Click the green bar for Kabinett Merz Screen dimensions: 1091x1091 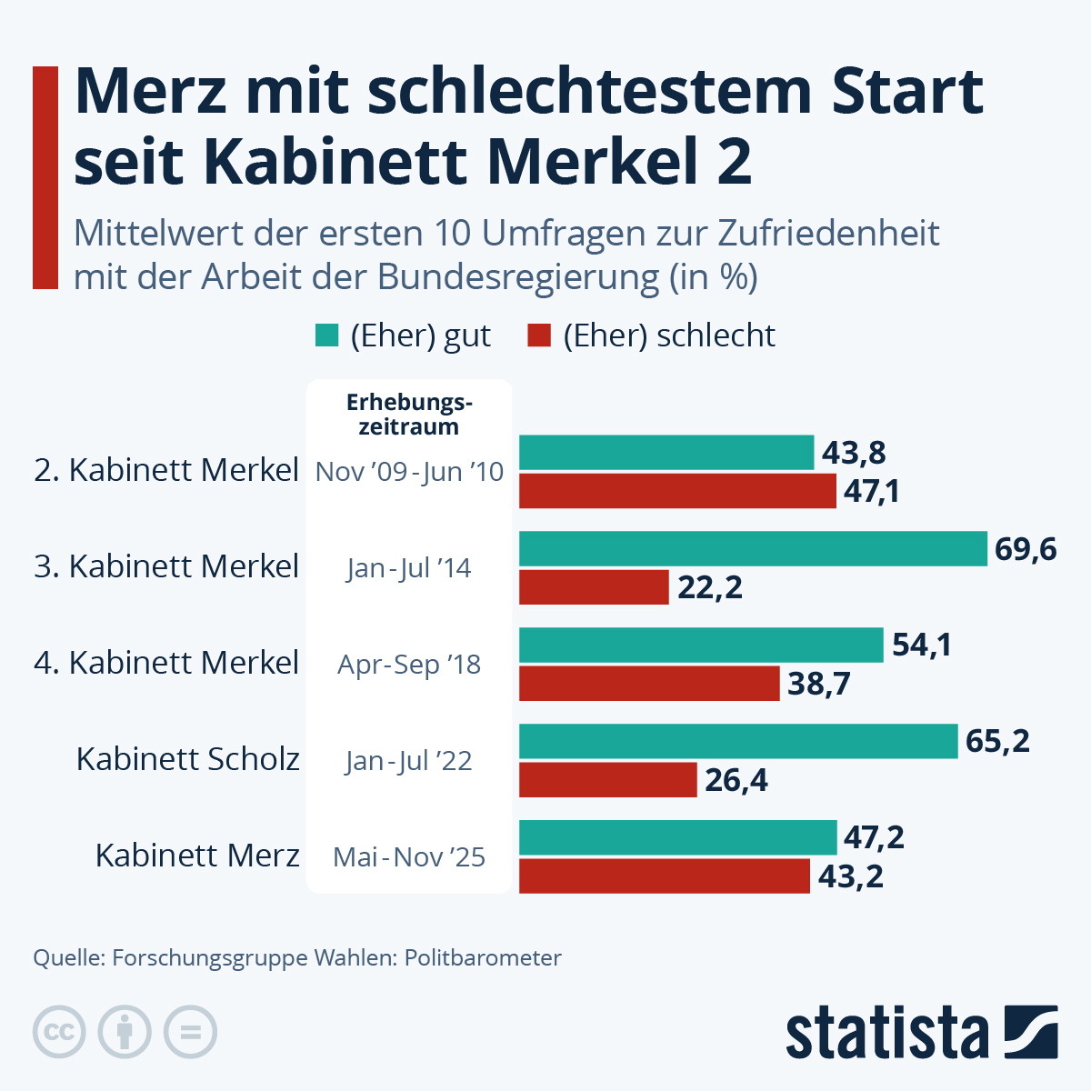point(677,837)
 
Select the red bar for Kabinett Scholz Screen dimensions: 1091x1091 point(607,780)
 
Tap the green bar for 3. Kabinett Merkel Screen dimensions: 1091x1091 point(753,549)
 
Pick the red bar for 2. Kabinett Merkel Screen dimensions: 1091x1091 point(677,491)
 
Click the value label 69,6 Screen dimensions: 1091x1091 point(1026,549)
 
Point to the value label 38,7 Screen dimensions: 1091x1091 point(818,684)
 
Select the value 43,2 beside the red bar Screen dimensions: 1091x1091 point(850,876)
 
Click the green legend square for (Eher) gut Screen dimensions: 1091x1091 point(326,335)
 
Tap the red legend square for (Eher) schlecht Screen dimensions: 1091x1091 point(539,335)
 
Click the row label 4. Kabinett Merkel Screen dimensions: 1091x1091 point(166,663)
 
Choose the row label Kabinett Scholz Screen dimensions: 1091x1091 point(188,759)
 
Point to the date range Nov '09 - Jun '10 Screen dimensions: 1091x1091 point(409,472)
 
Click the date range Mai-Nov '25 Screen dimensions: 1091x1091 point(409,857)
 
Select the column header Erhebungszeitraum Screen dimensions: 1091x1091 point(409,415)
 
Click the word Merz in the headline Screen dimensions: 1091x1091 point(150,91)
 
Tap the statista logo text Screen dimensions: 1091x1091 point(886,1033)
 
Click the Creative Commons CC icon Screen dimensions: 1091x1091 point(59,1033)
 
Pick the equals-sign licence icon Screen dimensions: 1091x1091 point(190,1033)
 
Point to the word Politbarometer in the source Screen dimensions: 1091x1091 point(483,957)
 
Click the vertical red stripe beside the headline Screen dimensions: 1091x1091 point(45,177)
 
